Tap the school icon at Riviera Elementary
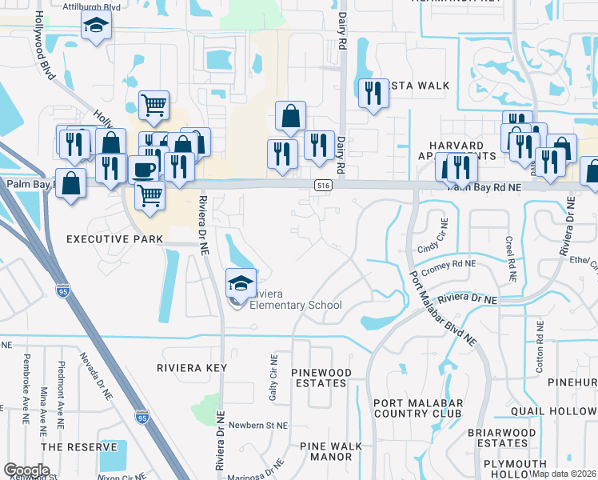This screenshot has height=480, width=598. pyautogui.click(x=240, y=283)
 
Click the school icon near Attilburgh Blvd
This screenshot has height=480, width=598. pyautogui.click(x=96, y=26)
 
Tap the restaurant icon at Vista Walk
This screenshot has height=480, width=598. pyautogui.click(x=373, y=94)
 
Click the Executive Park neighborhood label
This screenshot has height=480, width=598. pyautogui.click(x=114, y=239)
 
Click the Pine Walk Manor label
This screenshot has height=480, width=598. pyautogui.click(x=325, y=452)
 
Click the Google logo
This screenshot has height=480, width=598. pyautogui.click(x=26, y=470)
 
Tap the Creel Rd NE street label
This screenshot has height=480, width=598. pyautogui.click(x=509, y=258)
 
